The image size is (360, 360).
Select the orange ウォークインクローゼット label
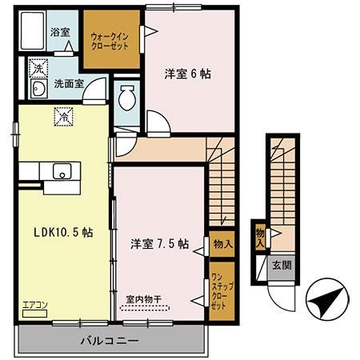tap(110, 39)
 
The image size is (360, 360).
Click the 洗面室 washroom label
tap(69, 82)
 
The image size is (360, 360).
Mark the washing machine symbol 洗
tap(37, 67)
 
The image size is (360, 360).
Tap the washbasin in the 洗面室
tap(37, 89)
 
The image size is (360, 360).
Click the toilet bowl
tap(126, 99)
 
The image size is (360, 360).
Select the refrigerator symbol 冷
tap(62, 116)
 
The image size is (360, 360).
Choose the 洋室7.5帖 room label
tap(159, 243)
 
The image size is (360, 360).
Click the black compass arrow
tap(322, 302)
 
